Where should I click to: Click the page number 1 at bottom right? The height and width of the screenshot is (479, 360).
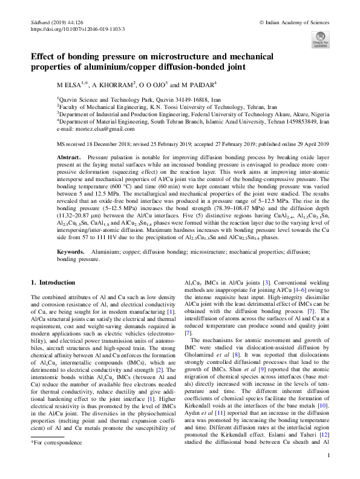pyautogui.click(x=327, y=456)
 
